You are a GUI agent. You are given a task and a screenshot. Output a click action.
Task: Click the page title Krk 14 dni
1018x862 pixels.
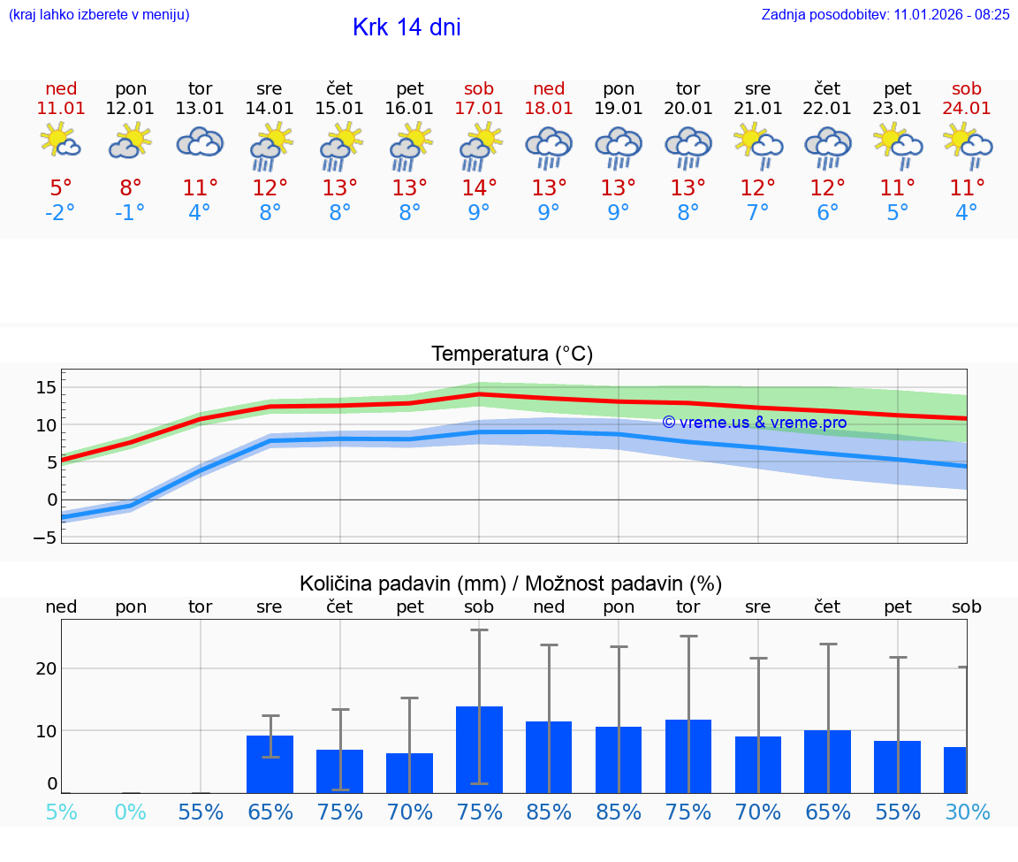click(406, 27)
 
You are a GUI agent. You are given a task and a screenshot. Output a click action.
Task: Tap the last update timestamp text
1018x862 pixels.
click(885, 14)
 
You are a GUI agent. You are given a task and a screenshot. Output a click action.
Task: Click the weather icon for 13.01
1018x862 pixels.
click(200, 142)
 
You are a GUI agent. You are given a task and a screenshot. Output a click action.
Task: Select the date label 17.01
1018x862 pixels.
click(479, 109)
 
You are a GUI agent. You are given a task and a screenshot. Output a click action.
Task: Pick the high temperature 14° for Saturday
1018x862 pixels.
click(479, 188)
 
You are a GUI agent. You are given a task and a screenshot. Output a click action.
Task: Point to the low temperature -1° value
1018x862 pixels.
click(130, 213)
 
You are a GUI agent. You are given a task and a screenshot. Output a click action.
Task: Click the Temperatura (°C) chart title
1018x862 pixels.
click(512, 355)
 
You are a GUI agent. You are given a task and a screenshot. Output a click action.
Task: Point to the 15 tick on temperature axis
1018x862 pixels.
click(47, 387)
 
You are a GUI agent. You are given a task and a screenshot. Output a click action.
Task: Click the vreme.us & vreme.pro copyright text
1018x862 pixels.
click(755, 423)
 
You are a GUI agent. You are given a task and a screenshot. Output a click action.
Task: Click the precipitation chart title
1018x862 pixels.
click(511, 584)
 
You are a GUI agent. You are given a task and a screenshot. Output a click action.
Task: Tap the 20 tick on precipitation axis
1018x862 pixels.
click(46, 668)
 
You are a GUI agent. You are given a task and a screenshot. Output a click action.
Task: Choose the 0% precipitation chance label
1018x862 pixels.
click(130, 812)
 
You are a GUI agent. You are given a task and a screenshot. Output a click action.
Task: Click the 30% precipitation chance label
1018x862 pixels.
click(967, 812)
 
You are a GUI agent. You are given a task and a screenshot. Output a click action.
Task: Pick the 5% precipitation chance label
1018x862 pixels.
click(61, 812)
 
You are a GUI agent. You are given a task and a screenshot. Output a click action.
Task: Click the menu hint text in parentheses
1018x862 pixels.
click(99, 14)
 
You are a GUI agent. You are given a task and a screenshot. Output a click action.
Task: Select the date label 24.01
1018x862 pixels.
click(967, 109)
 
